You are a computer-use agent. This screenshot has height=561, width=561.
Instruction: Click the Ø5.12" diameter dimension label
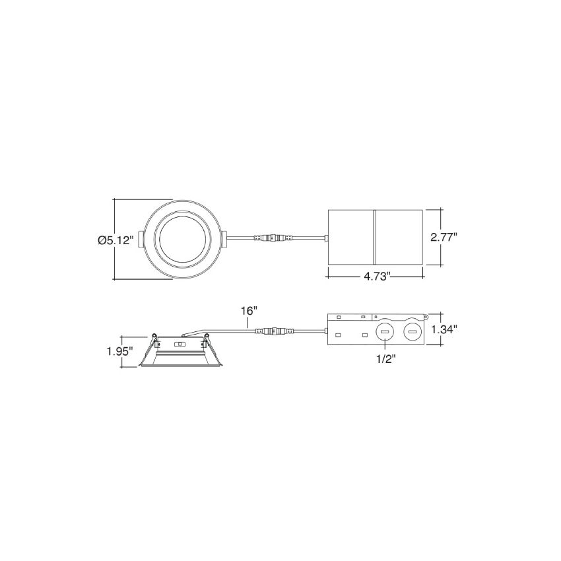point(115,240)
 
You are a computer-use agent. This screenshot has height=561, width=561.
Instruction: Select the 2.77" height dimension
point(444,237)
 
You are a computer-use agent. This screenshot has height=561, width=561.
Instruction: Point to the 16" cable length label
point(249,311)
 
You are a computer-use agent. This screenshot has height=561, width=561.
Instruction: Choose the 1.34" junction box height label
point(444,329)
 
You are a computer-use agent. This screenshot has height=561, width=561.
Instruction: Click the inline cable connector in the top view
point(273,237)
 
